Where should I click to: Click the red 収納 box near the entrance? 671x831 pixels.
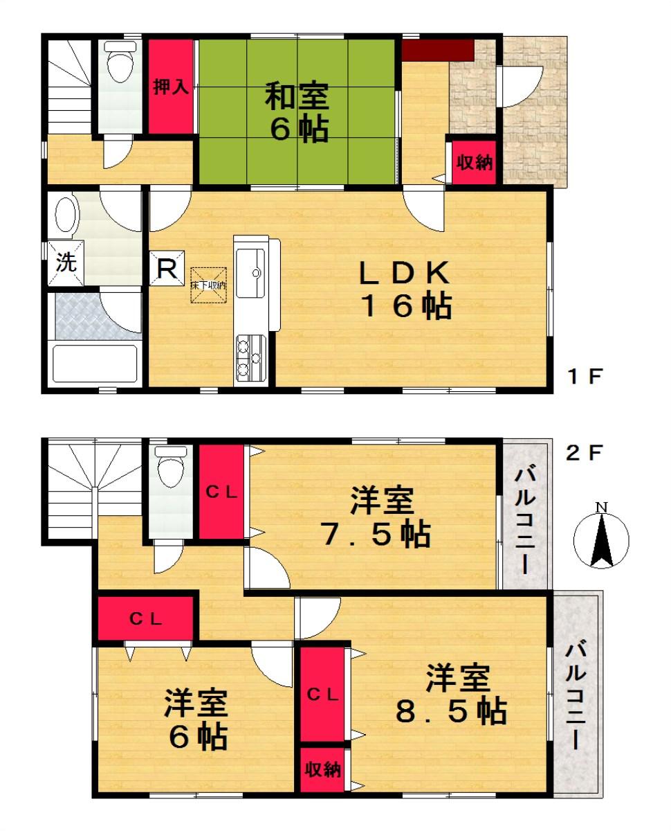tap(474, 163)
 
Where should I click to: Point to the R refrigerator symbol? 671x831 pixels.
tap(166, 267)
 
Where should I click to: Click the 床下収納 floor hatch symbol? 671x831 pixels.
tap(209, 285)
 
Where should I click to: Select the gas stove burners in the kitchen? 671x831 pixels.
tap(250, 355)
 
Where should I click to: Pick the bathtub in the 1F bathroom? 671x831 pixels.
tap(96, 364)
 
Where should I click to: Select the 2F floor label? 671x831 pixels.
tap(585, 454)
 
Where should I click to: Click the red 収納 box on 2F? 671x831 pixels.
tap(324, 769)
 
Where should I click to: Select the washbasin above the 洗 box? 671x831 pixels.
tap(66, 215)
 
